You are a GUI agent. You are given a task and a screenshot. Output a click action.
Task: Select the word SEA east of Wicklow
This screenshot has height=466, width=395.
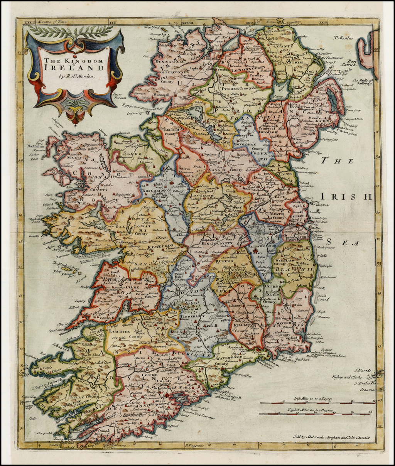point(343,243)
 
